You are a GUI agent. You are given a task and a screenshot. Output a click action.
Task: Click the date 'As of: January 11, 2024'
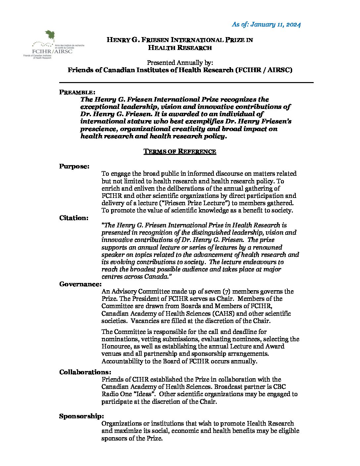(266, 24)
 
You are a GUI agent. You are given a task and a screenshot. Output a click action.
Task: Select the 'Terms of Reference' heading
(180, 152)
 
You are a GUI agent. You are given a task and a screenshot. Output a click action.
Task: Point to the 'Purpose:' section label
(74, 166)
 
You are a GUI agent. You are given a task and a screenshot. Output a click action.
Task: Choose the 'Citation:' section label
(74, 218)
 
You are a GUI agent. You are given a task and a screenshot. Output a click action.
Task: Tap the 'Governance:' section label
(80, 284)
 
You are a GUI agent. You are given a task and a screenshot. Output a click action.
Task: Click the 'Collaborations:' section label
(85, 372)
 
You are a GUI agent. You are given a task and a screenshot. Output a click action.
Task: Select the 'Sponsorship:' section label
(81, 416)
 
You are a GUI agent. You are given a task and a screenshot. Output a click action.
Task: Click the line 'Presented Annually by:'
(180, 63)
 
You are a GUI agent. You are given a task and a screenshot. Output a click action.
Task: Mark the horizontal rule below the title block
(186, 82)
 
